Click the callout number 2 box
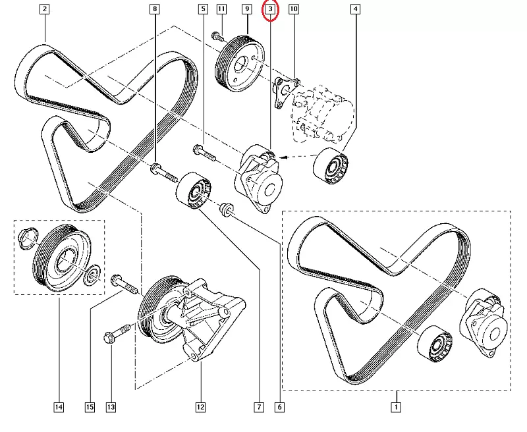tap(44, 9)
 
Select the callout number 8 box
tap(155, 9)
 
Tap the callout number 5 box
tap(202, 9)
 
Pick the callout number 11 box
tap(221, 9)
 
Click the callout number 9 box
tap(246, 9)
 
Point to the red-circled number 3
tap(271, 10)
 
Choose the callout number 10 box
tap(293, 9)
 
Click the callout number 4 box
tap(356, 9)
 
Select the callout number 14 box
tap(59, 408)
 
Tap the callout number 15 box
tap(90, 408)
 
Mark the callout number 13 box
tap(111, 408)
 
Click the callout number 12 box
tap(200, 408)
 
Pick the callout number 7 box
tap(259, 408)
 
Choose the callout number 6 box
tap(280, 408)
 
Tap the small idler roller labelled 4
tap(331, 168)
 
